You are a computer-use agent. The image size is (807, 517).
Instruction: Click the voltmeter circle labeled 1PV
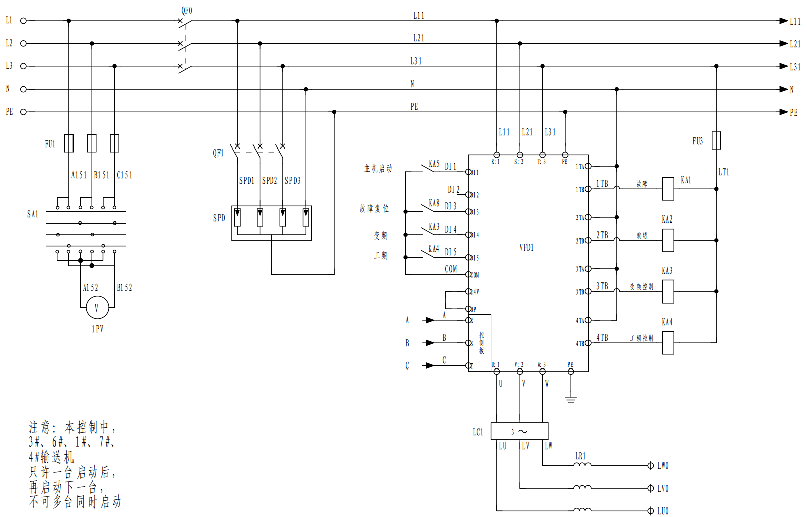point(97,308)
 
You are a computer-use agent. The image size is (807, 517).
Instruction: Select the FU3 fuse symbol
point(716,140)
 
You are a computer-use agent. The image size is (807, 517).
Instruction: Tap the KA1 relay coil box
point(668,189)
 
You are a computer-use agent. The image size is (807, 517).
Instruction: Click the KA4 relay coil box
point(668,343)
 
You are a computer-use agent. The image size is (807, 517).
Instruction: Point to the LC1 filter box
point(519,431)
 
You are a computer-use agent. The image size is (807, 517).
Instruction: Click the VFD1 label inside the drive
point(526,247)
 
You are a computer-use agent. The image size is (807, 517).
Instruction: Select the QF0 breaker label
point(186,11)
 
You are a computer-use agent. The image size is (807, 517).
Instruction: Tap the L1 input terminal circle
point(23,21)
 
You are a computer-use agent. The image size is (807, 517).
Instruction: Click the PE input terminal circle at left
point(23,112)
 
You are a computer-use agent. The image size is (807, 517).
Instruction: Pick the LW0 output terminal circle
point(650,466)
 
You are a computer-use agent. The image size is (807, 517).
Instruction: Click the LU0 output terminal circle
point(650,511)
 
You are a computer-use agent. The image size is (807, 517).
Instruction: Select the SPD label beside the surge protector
point(219,218)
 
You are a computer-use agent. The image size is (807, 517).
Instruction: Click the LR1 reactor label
point(580,456)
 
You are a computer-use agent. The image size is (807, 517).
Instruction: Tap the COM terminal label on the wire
point(451,269)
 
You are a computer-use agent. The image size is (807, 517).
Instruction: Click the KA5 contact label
point(434,164)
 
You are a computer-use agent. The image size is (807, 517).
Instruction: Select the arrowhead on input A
point(430,320)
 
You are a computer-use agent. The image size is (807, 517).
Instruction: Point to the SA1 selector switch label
point(33,214)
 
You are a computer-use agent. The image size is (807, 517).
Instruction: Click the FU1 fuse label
point(50,144)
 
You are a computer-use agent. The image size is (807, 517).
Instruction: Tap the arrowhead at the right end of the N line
point(783,89)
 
